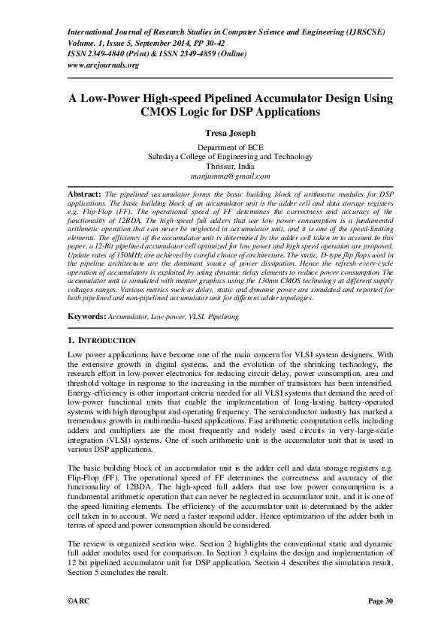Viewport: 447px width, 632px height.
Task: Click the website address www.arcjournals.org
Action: (x=104, y=65)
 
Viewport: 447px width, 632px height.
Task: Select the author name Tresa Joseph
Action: (x=224, y=132)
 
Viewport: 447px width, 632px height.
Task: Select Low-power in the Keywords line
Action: (x=170, y=318)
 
